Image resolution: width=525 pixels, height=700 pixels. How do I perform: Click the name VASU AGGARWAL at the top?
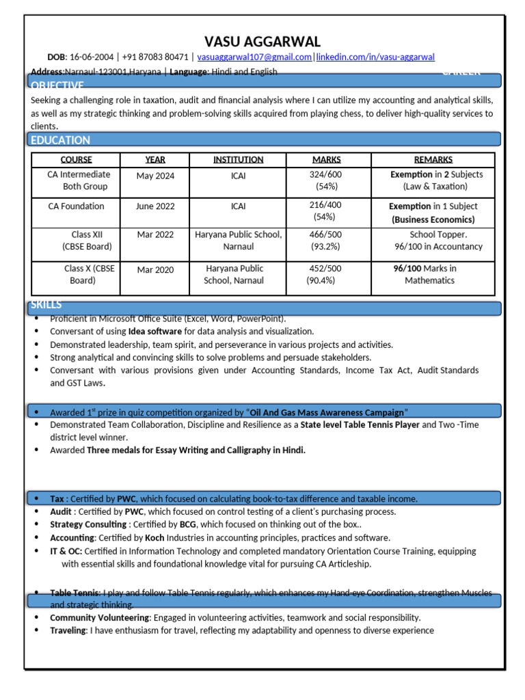(262, 42)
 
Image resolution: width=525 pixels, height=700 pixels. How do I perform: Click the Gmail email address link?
(254, 57)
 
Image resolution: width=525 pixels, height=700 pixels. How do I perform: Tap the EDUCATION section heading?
(60, 140)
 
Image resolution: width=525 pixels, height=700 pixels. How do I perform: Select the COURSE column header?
(76, 159)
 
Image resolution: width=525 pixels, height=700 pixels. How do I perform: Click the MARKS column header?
(326, 159)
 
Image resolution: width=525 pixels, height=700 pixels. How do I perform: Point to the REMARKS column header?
(433, 159)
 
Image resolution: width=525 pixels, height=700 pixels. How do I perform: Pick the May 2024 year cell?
(155, 176)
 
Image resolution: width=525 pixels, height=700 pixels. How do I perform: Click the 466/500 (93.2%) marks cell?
(325, 241)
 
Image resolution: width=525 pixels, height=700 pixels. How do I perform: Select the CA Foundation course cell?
(76, 206)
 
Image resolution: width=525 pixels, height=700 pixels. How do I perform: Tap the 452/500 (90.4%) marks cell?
(325, 274)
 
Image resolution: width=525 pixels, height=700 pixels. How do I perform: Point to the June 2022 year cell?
(155, 206)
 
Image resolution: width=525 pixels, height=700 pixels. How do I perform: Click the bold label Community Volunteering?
(100, 617)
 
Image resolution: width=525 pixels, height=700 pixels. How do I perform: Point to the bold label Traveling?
(68, 630)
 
